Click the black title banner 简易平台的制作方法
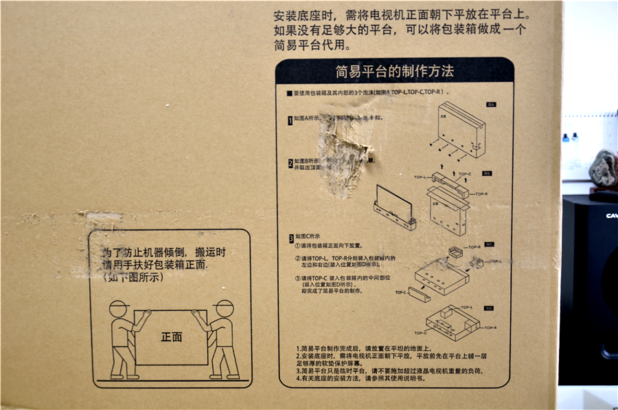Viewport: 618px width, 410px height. tap(395, 71)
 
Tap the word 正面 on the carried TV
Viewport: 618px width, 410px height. tap(172, 337)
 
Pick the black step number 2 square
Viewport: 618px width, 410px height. tap(290, 164)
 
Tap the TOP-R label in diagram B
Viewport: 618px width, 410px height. tap(481, 194)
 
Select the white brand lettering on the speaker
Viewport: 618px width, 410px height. tap(610, 215)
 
